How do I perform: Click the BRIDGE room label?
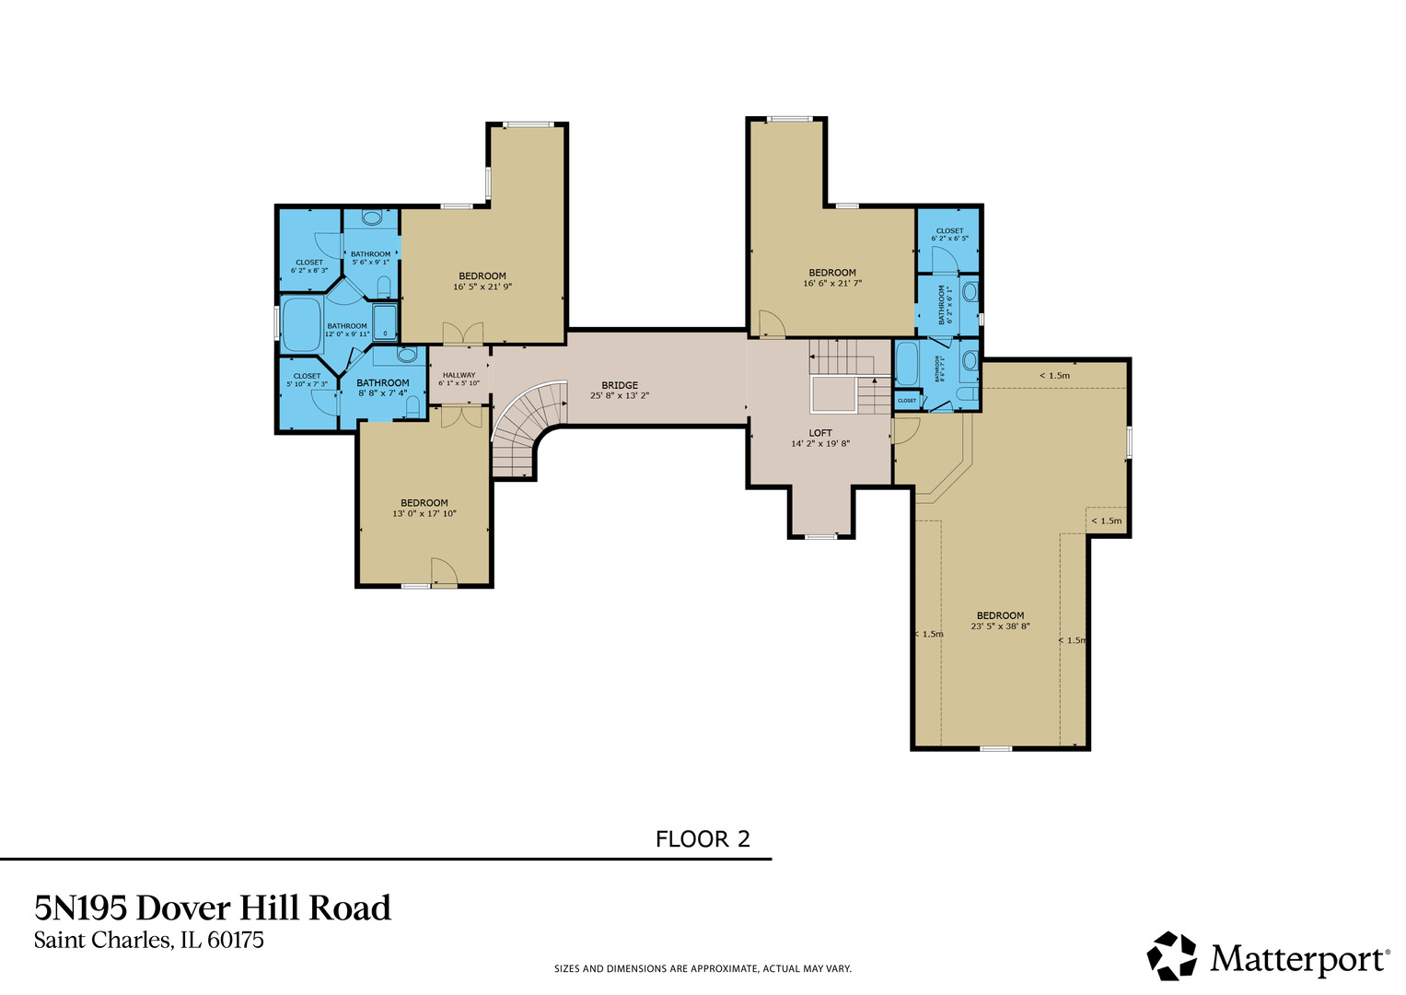coord(620,385)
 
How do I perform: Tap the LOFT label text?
coord(819,433)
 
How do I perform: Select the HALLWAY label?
coord(459,375)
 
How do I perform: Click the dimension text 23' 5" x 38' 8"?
coord(1000,626)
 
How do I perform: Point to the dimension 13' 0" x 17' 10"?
coord(424,514)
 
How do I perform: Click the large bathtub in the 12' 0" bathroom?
coord(300,324)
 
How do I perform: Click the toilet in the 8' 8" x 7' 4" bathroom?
coord(413,405)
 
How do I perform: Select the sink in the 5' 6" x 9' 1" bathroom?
coord(372,218)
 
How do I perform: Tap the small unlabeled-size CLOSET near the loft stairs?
coord(907,401)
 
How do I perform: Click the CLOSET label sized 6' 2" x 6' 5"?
coord(949,231)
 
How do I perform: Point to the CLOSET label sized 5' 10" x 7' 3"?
coord(307,376)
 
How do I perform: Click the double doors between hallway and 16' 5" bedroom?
coord(463,334)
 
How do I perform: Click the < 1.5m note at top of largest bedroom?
coord(1054,376)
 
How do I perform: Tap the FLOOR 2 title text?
coord(703,839)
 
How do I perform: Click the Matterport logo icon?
coord(1171,956)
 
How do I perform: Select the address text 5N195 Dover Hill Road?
coord(213,908)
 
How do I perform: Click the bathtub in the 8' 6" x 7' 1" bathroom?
coord(906,365)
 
